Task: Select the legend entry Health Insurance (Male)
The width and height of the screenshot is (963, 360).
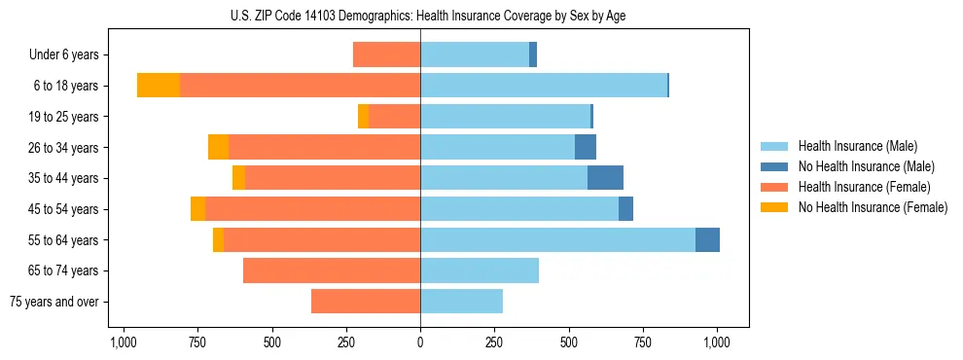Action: (x=857, y=146)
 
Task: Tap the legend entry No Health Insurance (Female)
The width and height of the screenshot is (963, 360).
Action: (x=873, y=207)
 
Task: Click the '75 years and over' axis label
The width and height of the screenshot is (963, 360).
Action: (x=54, y=302)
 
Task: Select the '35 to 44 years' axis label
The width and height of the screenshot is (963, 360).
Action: (x=64, y=178)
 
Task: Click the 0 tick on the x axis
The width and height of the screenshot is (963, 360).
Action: (x=420, y=342)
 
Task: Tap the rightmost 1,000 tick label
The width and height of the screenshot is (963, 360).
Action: (x=717, y=342)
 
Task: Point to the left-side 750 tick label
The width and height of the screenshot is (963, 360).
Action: (x=197, y=342)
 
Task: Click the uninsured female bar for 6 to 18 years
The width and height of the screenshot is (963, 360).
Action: (x=159, y=86)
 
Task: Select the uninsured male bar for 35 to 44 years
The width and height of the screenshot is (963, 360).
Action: (x=605, y=178)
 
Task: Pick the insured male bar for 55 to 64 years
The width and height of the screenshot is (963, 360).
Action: (x=557, y=239)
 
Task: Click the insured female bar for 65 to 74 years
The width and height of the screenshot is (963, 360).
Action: (x=332, y=270)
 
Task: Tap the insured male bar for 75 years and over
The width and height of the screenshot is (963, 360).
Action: (x=461, y=302)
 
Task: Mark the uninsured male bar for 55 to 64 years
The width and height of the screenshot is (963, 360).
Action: (x=707, y=239)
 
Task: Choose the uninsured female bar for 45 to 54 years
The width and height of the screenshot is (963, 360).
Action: (x=197, y=209)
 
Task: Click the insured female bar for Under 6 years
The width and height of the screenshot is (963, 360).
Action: (x=386, y=54)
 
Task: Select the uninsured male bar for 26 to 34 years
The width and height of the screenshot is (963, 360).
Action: (x=586, y=147)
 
